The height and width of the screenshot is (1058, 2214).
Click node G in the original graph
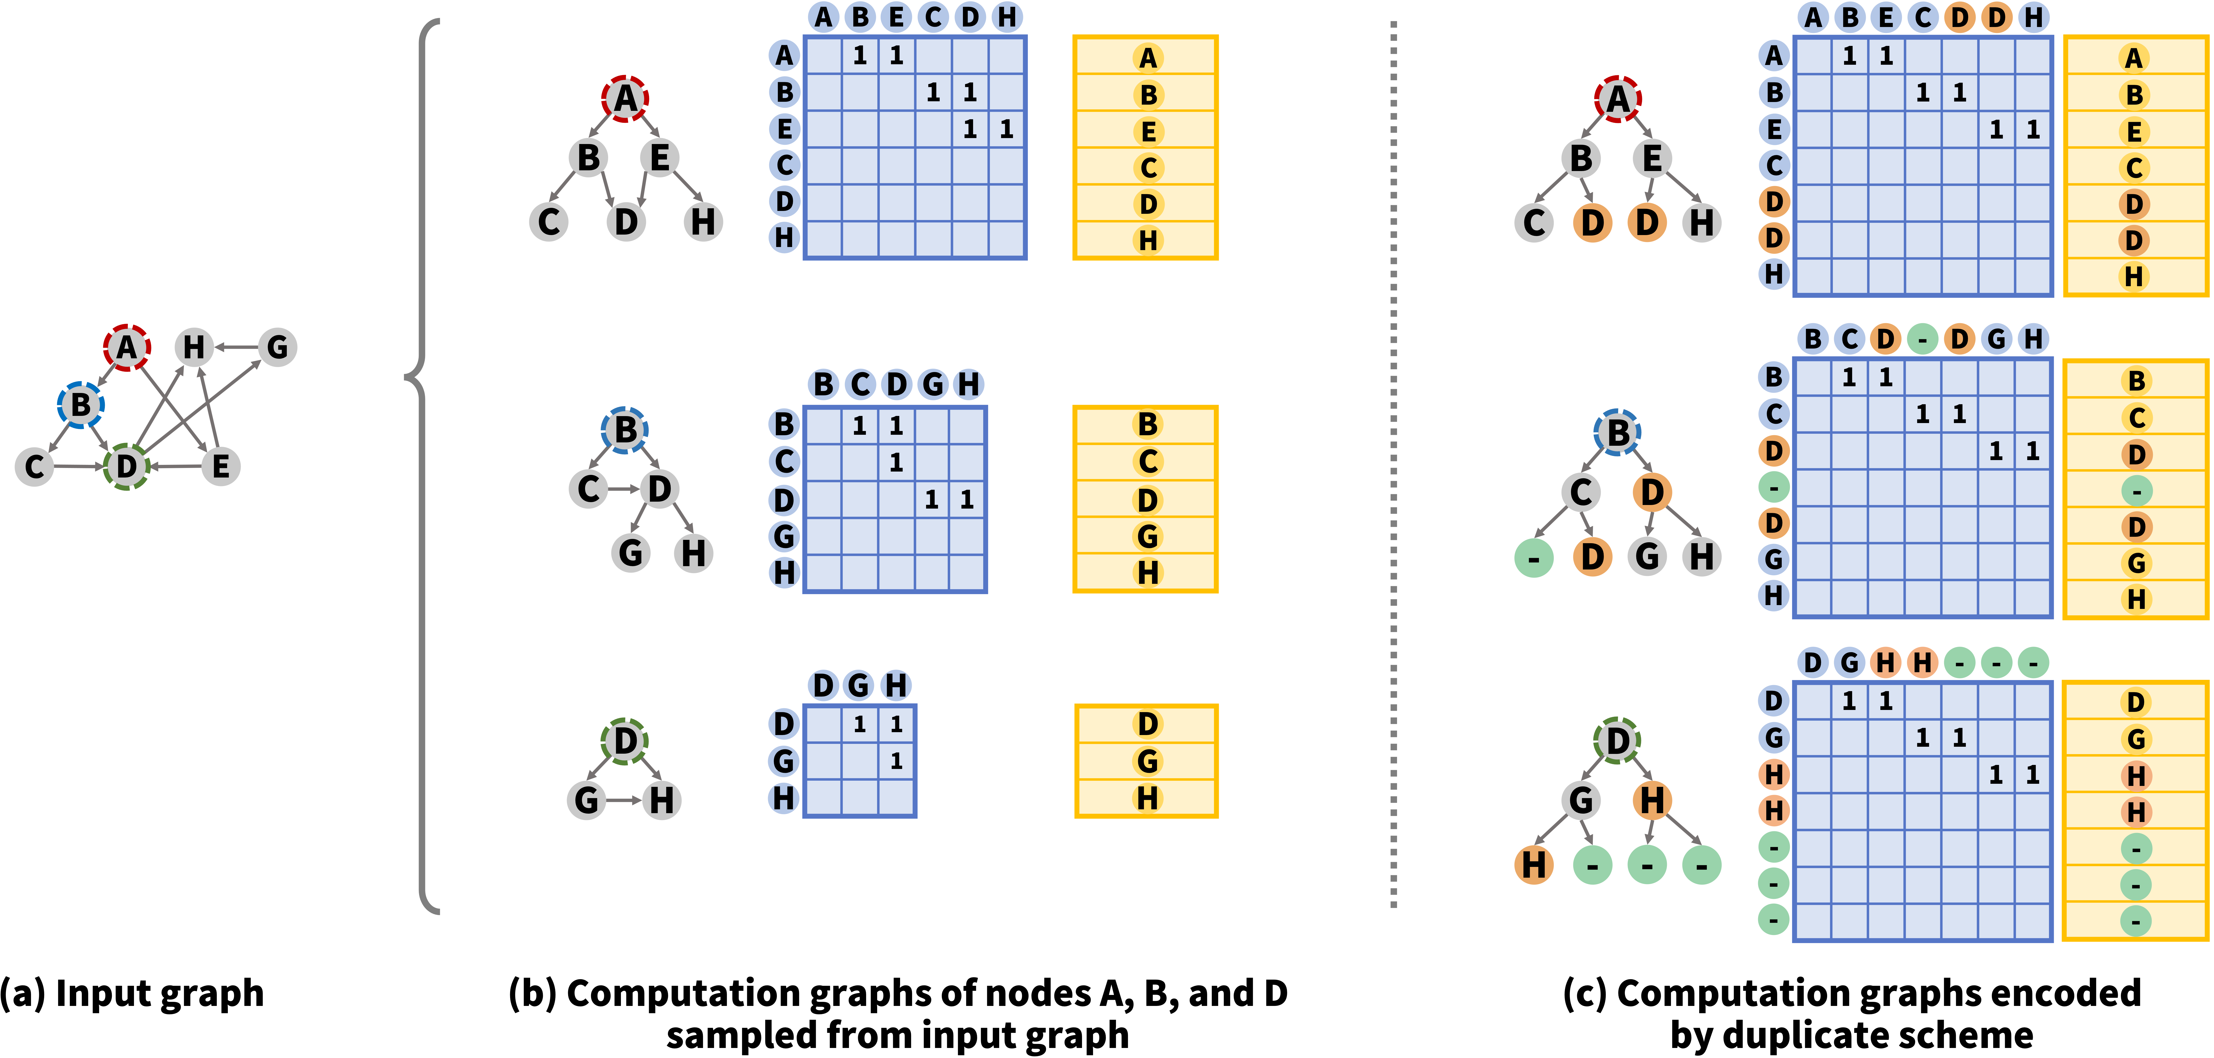277,347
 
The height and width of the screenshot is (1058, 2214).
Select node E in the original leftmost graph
221,467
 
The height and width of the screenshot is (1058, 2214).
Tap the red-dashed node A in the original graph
127,347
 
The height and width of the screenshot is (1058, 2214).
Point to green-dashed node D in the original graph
126,467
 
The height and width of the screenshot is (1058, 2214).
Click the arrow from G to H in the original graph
236,347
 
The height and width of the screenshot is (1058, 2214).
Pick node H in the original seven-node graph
194,347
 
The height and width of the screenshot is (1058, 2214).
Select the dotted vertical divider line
1393,464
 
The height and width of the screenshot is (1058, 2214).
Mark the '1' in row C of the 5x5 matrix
896,462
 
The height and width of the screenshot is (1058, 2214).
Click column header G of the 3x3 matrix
859,685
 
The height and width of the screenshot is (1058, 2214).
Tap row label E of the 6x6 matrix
784,129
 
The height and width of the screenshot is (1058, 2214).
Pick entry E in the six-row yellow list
1147,131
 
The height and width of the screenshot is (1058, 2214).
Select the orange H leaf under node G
1534,865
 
